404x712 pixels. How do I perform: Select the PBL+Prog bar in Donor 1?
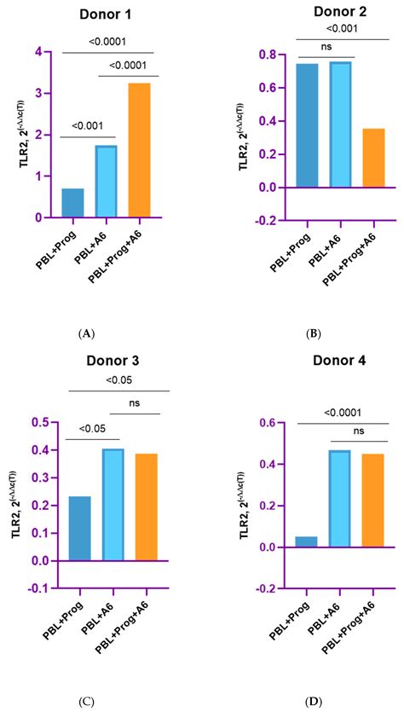click(x=72, y=203)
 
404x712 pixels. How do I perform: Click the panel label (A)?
click(x=85, y=336)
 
